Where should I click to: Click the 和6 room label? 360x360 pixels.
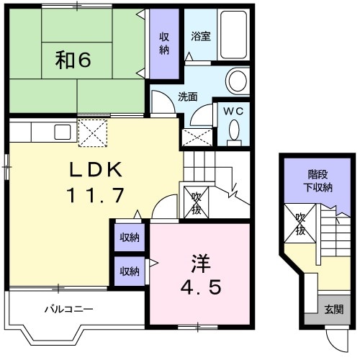[73, 60]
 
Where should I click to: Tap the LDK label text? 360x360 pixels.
[96, 170]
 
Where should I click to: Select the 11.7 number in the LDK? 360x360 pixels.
[95, 195]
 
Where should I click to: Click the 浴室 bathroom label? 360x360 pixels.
[201, 36]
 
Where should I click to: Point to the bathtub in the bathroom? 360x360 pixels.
[233, 35]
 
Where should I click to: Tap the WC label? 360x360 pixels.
[233, 112]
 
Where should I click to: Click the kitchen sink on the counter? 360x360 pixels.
[63, 132]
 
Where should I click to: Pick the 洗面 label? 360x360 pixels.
[188, 96]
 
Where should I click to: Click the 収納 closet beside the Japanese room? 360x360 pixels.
[164, 44]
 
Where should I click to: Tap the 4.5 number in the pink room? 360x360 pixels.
[201, 288]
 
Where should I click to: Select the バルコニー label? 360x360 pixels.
[69, 309]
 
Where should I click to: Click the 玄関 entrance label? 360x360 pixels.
[334, 310]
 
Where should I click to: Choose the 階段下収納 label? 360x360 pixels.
[318, 181]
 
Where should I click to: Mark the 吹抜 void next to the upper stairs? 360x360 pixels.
[196, 204]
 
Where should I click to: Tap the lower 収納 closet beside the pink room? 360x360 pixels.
[130, 271]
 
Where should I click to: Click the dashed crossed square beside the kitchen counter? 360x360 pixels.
[93, 132]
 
